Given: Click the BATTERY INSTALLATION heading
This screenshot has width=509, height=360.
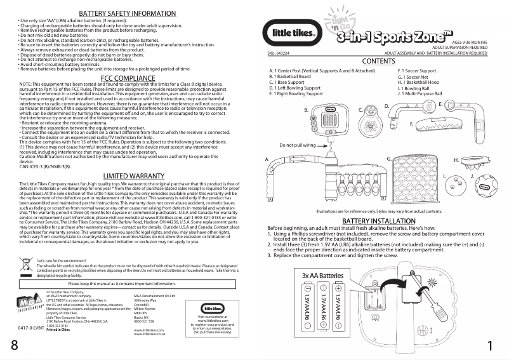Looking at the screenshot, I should [379, 221].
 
